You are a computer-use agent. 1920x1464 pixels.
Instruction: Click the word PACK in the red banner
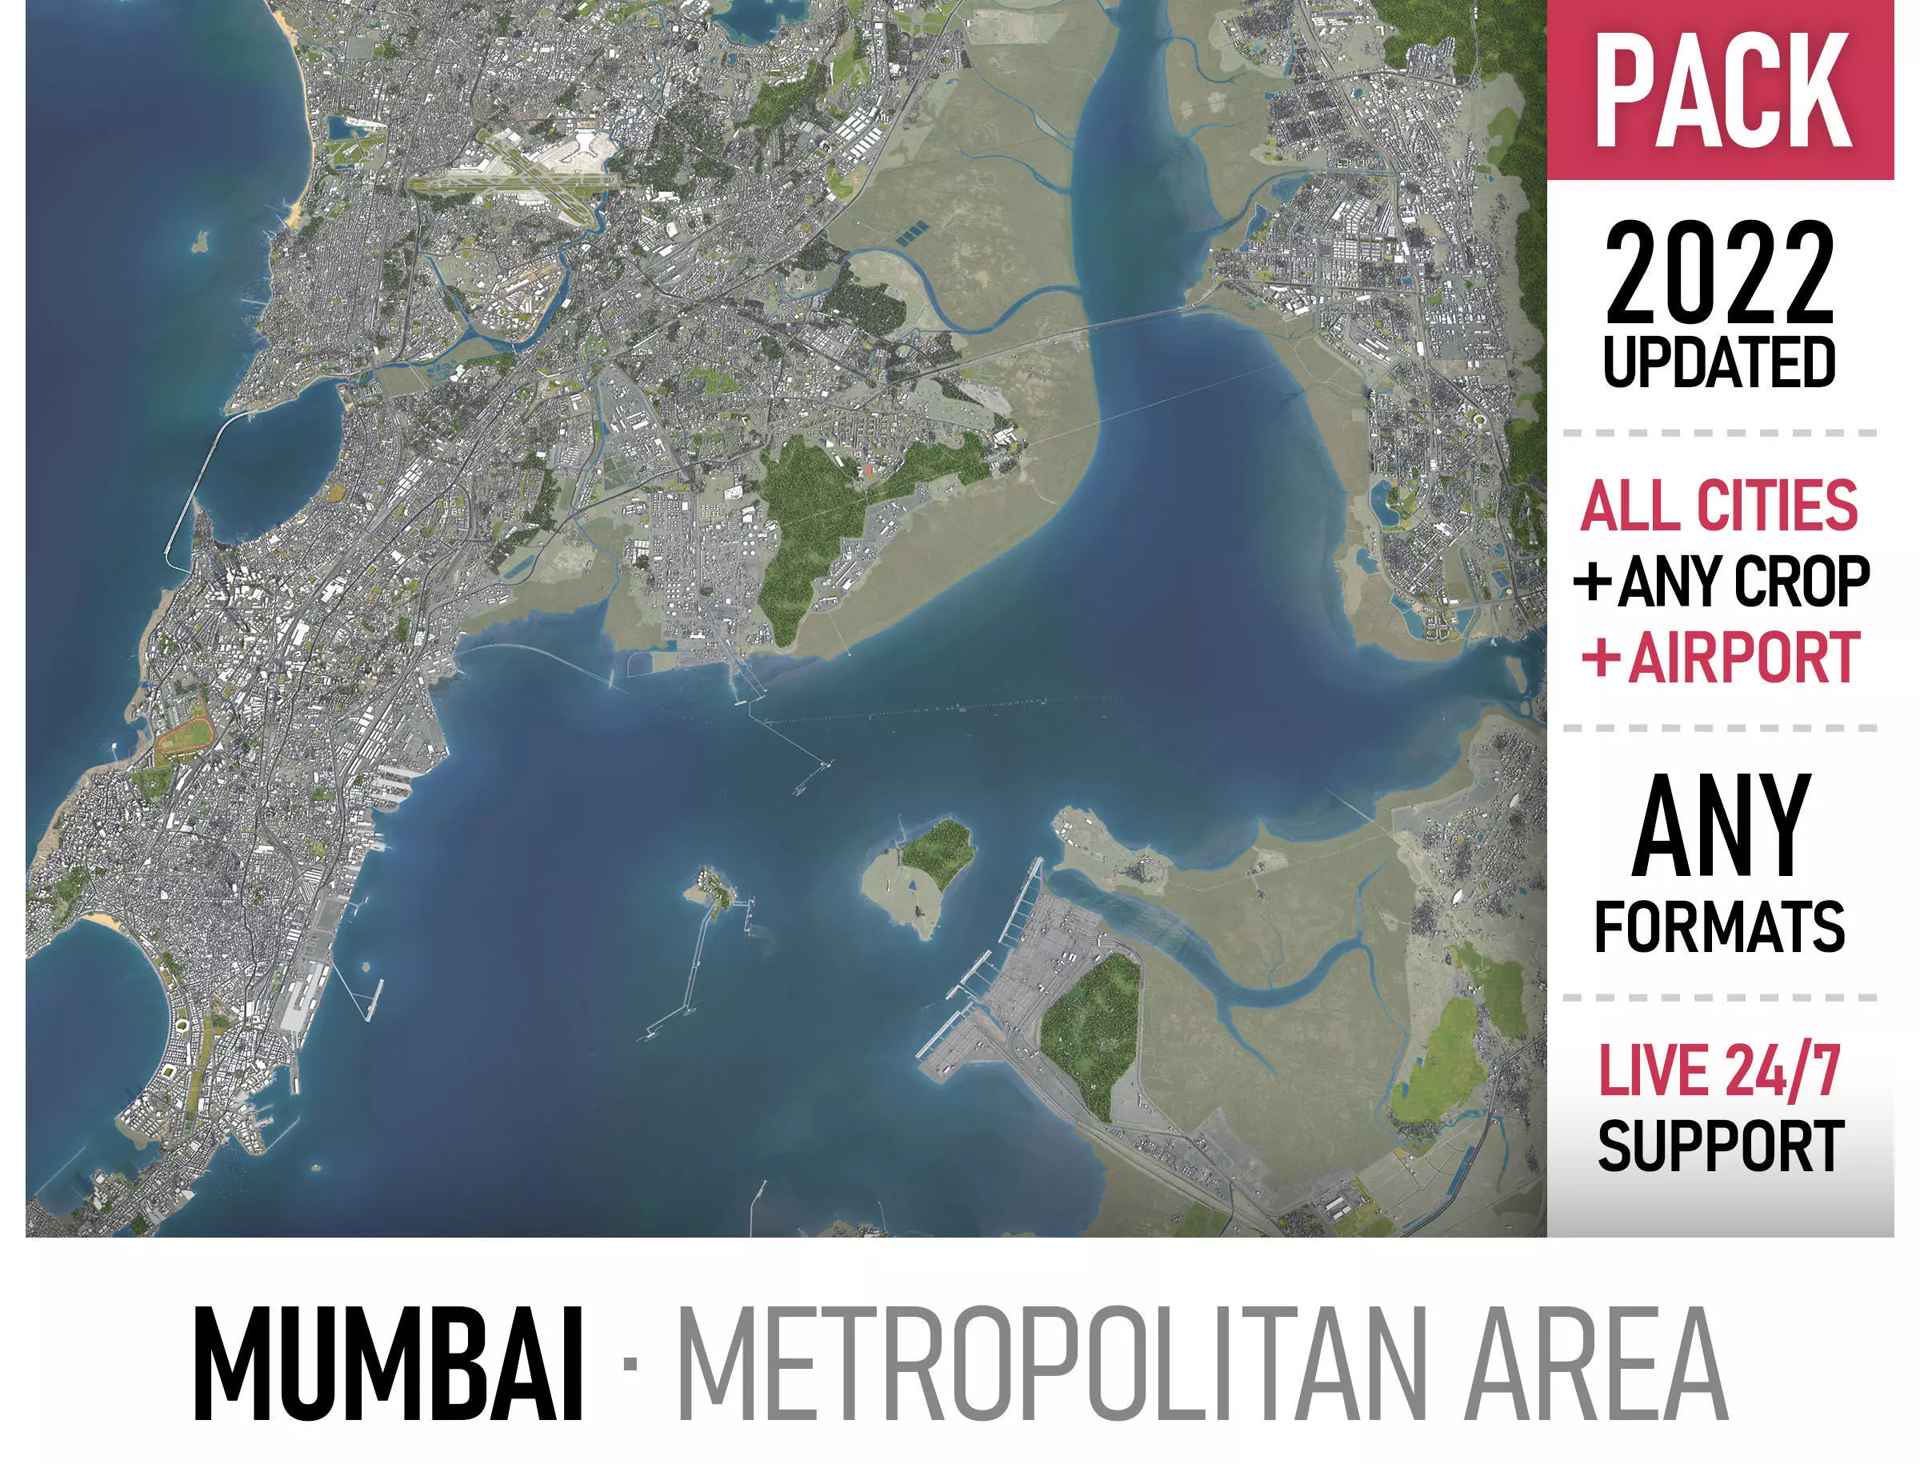pos(1722,91)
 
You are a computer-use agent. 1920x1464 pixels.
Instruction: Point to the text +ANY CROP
pos(1722,582)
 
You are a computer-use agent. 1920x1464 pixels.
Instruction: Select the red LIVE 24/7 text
pos(1718,1070)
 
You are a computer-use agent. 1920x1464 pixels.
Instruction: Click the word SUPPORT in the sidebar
pos(1721,1147)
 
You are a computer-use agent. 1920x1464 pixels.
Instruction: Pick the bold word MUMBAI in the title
pos(388,1366)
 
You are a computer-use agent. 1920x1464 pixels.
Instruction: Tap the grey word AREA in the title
pos(1594,1366)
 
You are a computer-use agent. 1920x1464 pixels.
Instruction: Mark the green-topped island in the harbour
pos(919,871)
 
